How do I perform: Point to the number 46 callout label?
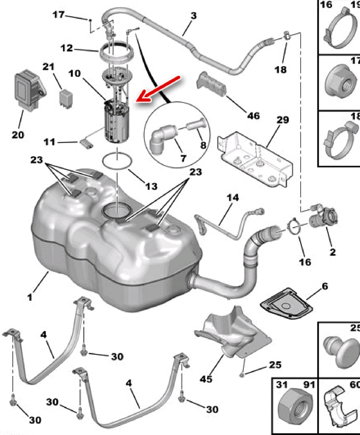tap(254, 115)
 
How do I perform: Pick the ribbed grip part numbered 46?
tap(212, 85)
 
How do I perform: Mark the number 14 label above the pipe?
tap(233, 198)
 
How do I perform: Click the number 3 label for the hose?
tap(194, 16)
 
